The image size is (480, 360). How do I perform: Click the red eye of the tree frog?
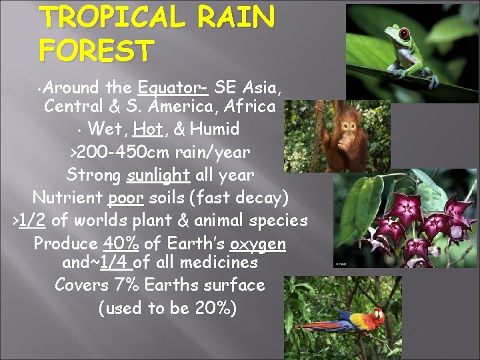tap(403, 33)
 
